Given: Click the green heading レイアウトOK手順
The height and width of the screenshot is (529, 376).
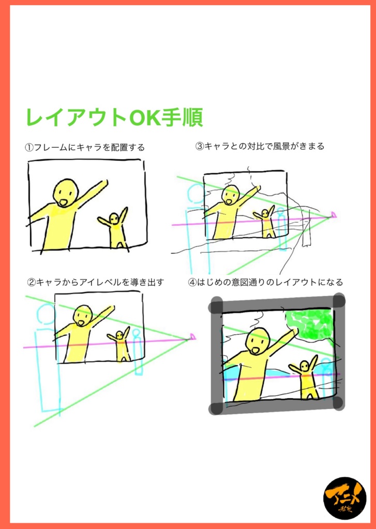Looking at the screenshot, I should point(114,118).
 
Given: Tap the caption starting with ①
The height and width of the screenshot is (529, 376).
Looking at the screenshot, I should point(85,148).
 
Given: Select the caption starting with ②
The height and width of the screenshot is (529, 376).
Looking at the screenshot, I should point(95,282).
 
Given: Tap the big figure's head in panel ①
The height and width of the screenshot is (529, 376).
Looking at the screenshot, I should point(65,192).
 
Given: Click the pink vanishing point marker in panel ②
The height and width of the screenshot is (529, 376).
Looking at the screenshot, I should point(193,337).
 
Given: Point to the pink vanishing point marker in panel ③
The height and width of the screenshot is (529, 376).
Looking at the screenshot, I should point(334,214).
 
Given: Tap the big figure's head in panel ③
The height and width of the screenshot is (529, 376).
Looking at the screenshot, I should point(230,195).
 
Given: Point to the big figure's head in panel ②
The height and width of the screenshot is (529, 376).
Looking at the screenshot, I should point(82,315).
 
